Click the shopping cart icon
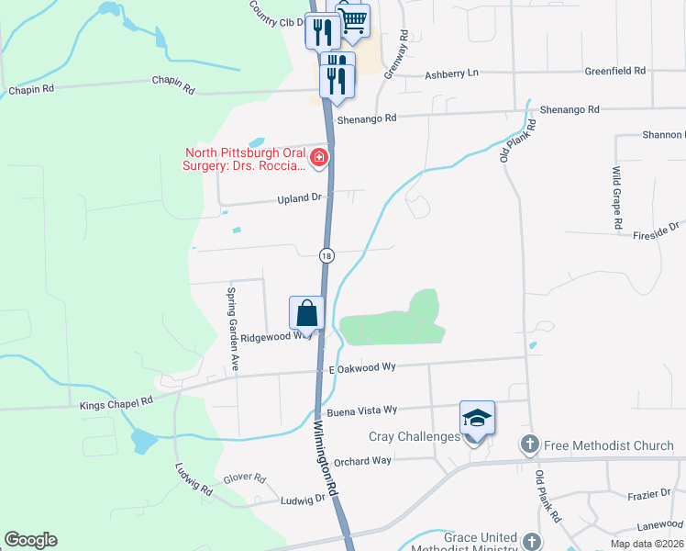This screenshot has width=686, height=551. pos(354,20)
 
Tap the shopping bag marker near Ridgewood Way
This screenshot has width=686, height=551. pos(306,313)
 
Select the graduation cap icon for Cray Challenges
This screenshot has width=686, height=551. pos(477,418)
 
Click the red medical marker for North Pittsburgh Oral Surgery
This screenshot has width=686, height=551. pos(319,157)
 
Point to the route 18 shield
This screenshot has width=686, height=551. pos(326,254)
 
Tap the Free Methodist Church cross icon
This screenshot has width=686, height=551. pos(529,445)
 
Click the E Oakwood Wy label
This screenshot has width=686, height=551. pos(361,367)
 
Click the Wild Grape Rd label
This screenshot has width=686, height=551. pos(618,197)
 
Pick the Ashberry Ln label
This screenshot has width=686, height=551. pos(452,73)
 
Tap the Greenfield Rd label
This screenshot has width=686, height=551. pos(615,71)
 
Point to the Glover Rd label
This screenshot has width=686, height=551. pos(244,478)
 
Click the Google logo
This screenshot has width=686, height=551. pos(30,540)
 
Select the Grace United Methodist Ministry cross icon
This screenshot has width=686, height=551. pos(532,539)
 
